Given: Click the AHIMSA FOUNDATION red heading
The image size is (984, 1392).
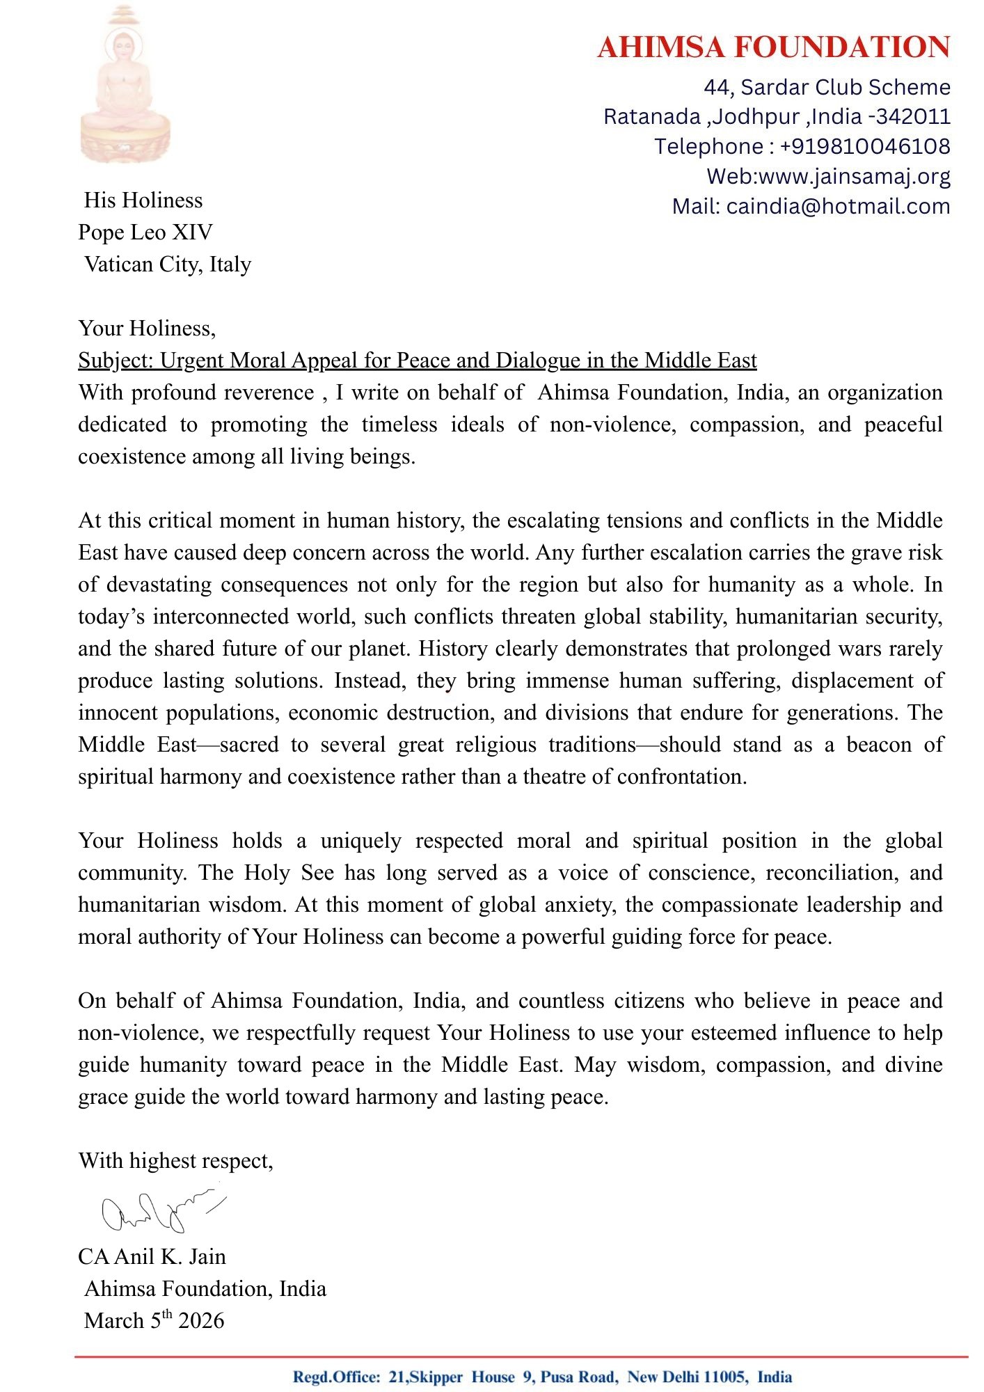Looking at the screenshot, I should [773, 47].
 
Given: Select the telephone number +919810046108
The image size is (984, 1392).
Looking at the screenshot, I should [864, 146].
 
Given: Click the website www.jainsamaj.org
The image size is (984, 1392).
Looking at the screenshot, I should [854, 176].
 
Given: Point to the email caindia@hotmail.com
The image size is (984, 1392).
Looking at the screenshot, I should [838, 206].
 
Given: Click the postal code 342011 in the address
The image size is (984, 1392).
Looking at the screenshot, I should [913, 116].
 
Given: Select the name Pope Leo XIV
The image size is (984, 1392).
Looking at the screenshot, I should [145, 232].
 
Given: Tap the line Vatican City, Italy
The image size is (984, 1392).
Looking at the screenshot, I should [167, 264].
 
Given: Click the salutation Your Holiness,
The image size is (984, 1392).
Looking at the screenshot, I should [147, 328].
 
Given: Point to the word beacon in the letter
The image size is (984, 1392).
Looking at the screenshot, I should [879, 745].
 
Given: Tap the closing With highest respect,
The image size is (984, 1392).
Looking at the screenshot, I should [175, 1161].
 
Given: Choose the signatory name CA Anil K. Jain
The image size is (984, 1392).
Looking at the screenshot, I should [152, 1257].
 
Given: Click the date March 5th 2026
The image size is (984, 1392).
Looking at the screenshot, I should [154, 1320].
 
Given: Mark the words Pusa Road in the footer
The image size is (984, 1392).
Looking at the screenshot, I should [578, 1377].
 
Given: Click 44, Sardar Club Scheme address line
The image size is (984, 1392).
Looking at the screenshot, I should [826, 87].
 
